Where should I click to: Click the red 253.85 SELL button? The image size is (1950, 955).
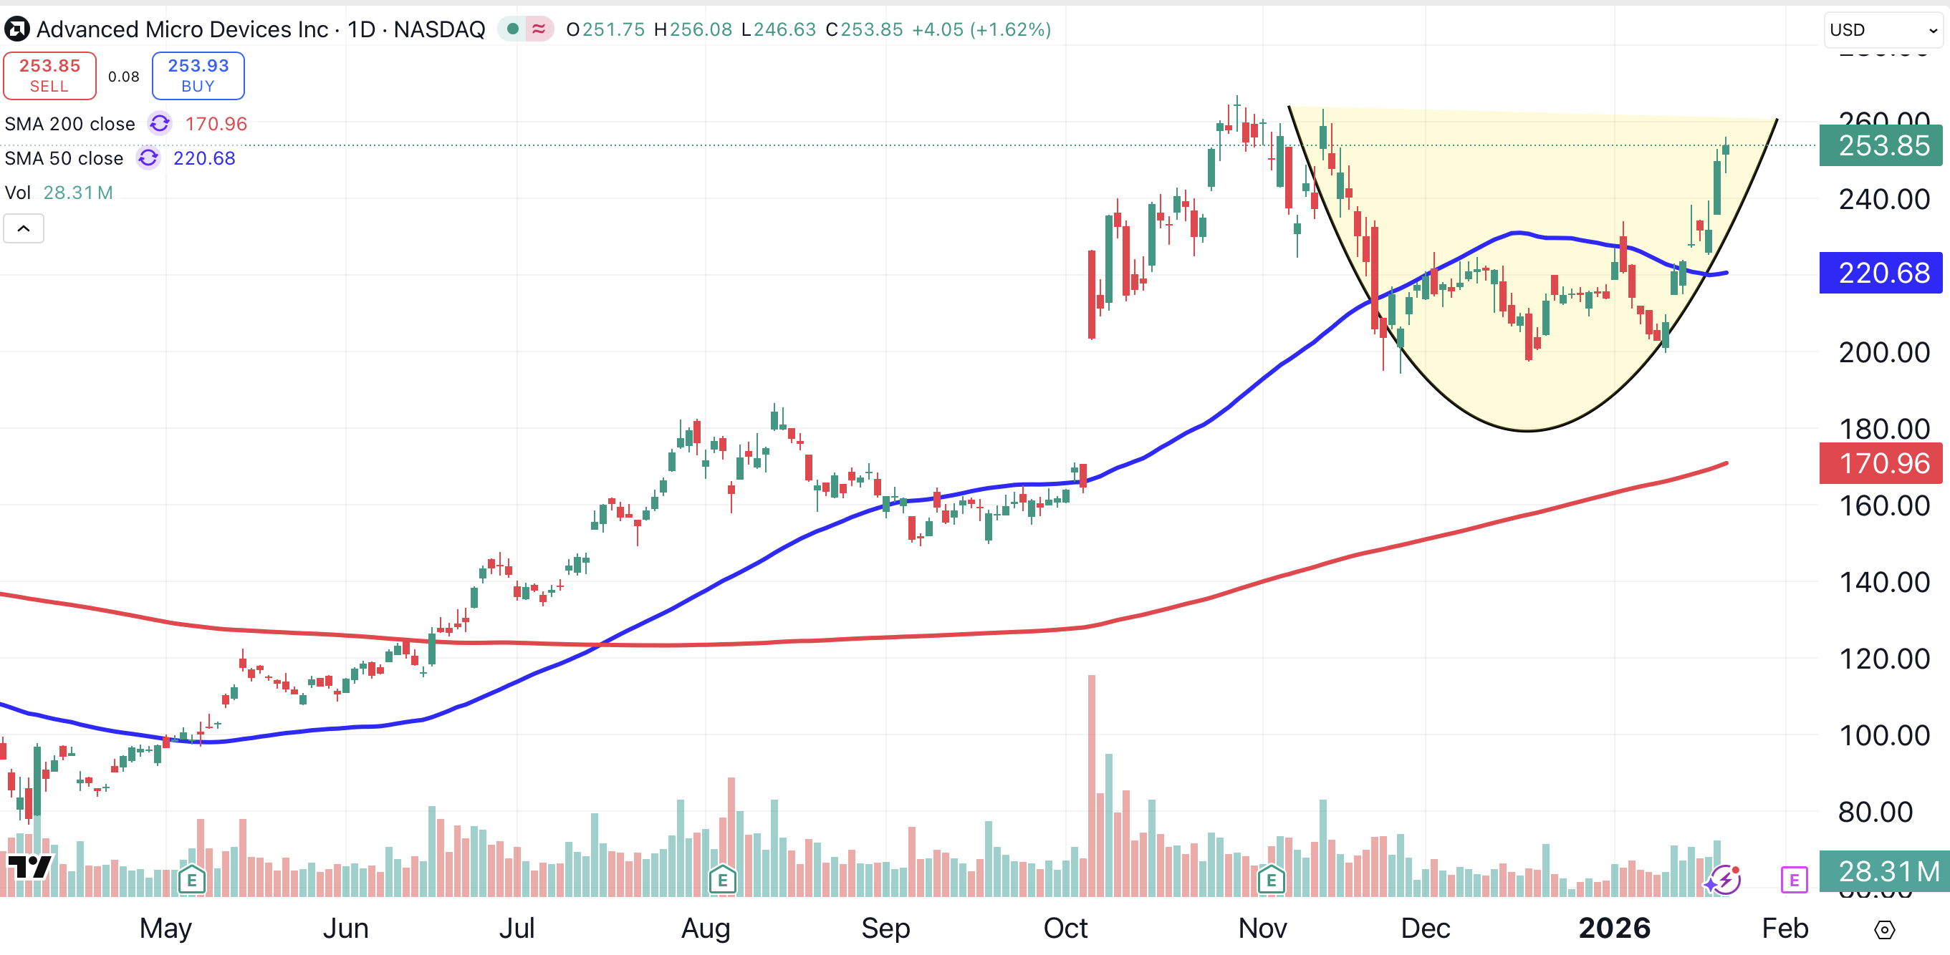[x=50, y=75]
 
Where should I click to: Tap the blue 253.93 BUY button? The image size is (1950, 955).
[x=198, y=75]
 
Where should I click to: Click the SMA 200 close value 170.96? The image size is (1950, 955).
[x=216, y=124]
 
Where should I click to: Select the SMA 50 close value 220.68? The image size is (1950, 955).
[x=203, y=158]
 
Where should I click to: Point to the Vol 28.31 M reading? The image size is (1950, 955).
[x=77, y=193]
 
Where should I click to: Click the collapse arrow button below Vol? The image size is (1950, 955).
[x=24, y=228]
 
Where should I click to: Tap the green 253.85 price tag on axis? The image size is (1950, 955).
[x=1881, y=145]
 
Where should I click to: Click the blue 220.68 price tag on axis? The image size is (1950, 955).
[x=1881, y=273]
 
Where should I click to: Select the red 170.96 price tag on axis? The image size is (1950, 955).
[x=1881, y=463]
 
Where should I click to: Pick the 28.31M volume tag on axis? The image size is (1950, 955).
[x=1881, y=871]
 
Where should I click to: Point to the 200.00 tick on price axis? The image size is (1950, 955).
[x=1883, y=353]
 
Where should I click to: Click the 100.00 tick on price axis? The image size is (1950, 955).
[x=1883, y=735]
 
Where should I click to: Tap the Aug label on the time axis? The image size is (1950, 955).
[x=706, y=928]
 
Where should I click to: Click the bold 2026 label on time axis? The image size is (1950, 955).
[x=1614, y=928]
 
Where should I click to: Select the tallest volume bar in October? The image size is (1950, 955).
[x=1092, y=787]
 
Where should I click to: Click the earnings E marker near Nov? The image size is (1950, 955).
[x=1271, y=880]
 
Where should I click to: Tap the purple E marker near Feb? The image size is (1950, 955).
[x=1793, y=879]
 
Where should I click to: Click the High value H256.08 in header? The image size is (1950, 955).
[x=693, y=29]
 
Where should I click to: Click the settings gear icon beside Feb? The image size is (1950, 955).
[x=1884, y=929]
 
